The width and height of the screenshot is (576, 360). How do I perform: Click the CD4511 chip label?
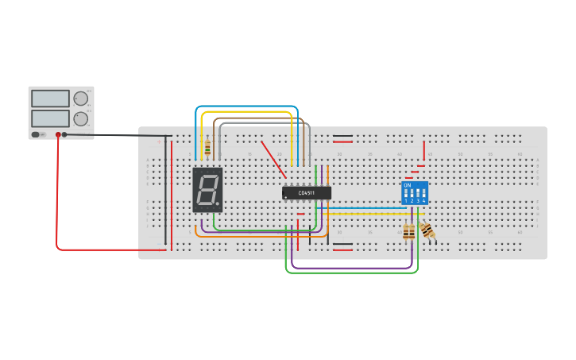[307, 192]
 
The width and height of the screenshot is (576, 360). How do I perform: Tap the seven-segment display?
[207, 190]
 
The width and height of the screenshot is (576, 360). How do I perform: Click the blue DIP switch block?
[415, 192]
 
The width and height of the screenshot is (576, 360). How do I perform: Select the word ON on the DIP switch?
[408, 185]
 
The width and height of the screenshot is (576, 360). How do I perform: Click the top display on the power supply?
[50, 99]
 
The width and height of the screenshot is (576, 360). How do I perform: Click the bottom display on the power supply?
[50, 118]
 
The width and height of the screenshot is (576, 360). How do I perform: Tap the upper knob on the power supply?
[80, 99]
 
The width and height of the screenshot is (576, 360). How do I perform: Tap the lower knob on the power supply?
[80, 119]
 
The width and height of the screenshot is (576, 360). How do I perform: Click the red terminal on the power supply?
[58, 135]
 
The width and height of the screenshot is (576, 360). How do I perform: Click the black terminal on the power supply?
[64, 135]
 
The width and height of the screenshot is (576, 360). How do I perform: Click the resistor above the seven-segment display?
[207, 147]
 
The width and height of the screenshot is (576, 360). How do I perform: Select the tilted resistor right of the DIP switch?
[427, 230]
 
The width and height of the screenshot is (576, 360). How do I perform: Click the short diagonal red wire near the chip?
[273, 160]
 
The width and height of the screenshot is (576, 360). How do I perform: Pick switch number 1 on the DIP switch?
[406, 195]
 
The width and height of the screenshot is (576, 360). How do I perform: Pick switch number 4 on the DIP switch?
[423, 195]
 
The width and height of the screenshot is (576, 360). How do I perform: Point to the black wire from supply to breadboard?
[119, 136]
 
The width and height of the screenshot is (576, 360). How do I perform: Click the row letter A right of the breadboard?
[538, 161]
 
